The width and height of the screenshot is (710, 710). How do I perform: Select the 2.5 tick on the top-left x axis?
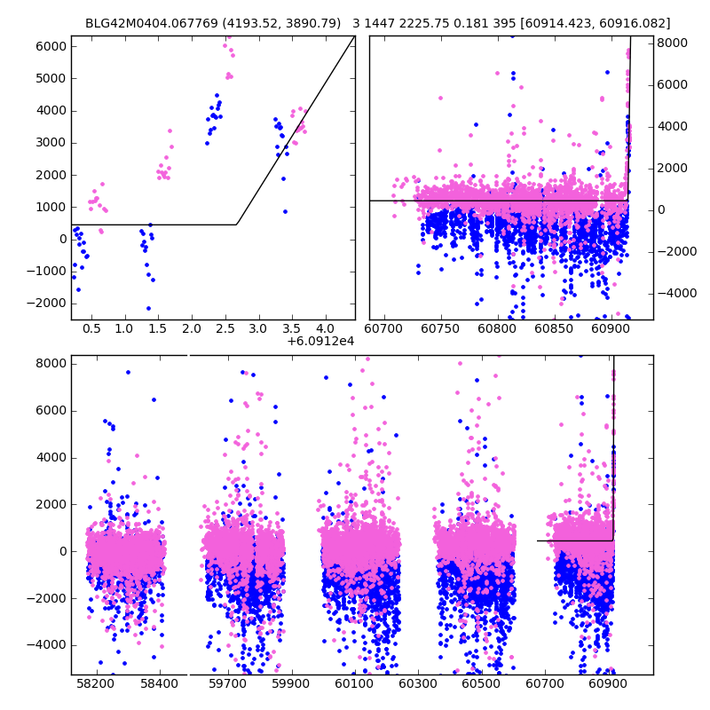pos(225,328)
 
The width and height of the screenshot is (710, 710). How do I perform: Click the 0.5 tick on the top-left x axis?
pos(91,328)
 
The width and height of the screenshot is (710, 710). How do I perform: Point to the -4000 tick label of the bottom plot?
pos(50,645)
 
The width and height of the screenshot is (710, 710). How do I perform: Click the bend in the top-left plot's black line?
pos(236,225)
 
